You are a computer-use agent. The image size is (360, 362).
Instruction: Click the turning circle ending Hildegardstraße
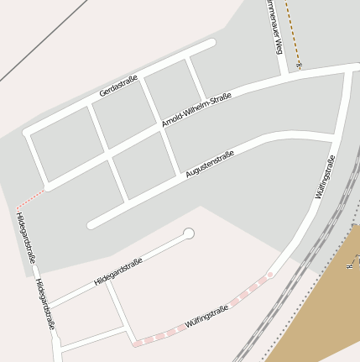click(189, 233)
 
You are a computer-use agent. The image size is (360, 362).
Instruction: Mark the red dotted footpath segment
click(29, 200)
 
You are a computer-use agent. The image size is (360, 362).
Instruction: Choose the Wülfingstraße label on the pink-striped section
click(206, 316)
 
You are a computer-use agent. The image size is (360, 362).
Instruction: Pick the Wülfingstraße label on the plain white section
click(326, 176)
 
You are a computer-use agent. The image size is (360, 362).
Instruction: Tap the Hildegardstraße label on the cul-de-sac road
click(118, 271)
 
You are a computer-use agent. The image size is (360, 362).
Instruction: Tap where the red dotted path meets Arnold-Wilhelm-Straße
click(45, 188)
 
